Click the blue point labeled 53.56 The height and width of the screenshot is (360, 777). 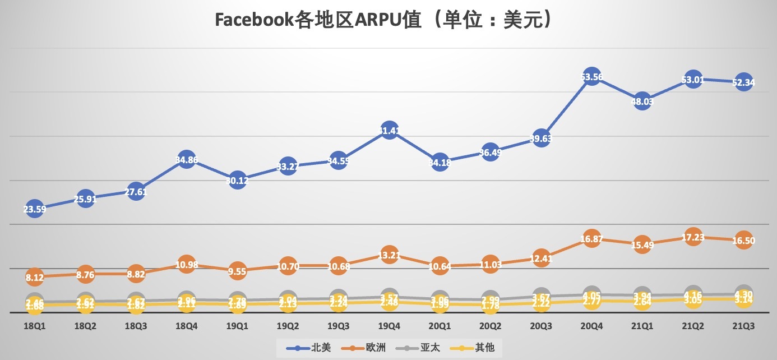592,77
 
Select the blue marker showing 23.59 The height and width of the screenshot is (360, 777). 34,209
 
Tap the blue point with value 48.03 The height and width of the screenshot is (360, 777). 642,101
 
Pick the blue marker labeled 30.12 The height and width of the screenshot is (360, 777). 237,180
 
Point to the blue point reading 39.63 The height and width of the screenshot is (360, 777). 541,139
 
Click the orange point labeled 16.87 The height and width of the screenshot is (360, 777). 592,239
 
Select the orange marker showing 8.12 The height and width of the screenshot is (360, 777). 34,276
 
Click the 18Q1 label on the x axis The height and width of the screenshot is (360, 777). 34,325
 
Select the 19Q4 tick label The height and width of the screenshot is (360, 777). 389,325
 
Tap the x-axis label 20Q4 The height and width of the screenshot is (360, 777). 592,325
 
